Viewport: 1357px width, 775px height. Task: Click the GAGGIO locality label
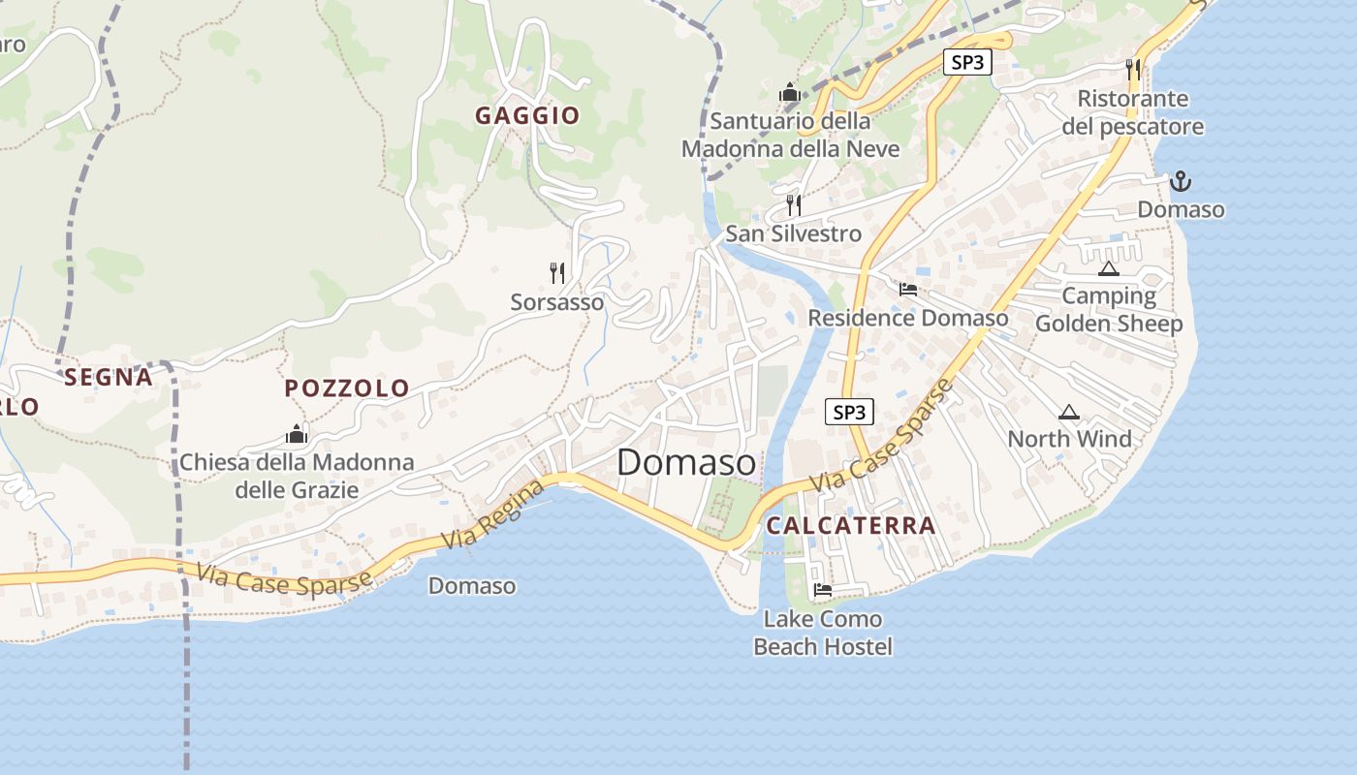tap(527, 116)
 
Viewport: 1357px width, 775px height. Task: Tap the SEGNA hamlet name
tap(109, 378)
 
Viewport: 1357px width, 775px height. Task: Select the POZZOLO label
tap(347, 388)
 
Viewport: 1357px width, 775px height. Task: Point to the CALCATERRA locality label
tap(851, 526)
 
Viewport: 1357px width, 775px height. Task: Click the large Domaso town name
tap(686, 462)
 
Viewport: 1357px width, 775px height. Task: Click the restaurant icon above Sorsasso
tap(557, 272)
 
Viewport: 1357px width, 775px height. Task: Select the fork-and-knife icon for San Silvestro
tap(794, 204)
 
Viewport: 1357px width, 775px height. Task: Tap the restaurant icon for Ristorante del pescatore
tap(1133, 69)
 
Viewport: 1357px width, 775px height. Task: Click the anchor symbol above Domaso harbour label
tap(1181, 180)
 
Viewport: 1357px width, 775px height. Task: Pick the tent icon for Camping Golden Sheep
tap(1109, 267)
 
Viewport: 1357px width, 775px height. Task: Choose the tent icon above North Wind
tap(1069, 412)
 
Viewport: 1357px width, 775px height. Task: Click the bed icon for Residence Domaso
tap(908, 290)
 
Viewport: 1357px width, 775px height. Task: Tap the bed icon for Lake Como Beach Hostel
tap(823, 589)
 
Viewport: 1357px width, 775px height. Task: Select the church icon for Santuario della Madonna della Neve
tap(790, 93)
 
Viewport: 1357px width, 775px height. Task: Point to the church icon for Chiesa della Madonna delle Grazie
tap(297, 434)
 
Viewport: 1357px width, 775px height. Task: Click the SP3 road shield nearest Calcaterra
tap(849, 413)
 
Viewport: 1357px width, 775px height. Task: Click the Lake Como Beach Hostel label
tap(823, 633)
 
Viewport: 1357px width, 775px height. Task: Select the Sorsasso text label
tap(557, 302)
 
